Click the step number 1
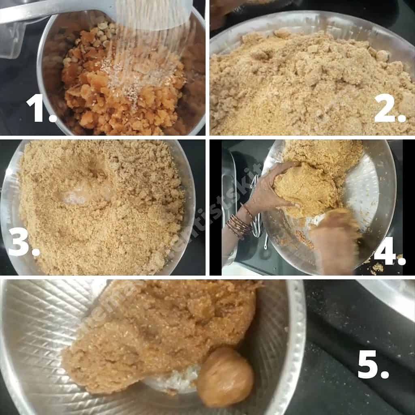coord(41,108)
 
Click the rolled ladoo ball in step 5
coord(225,377)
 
